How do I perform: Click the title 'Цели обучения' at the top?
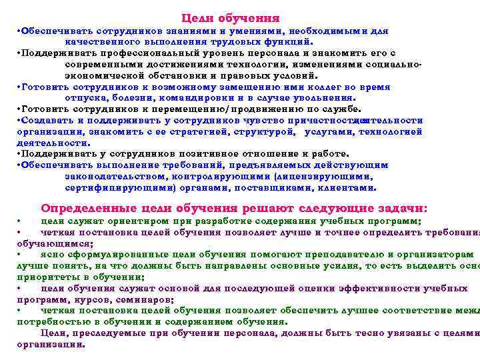[230, 18]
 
